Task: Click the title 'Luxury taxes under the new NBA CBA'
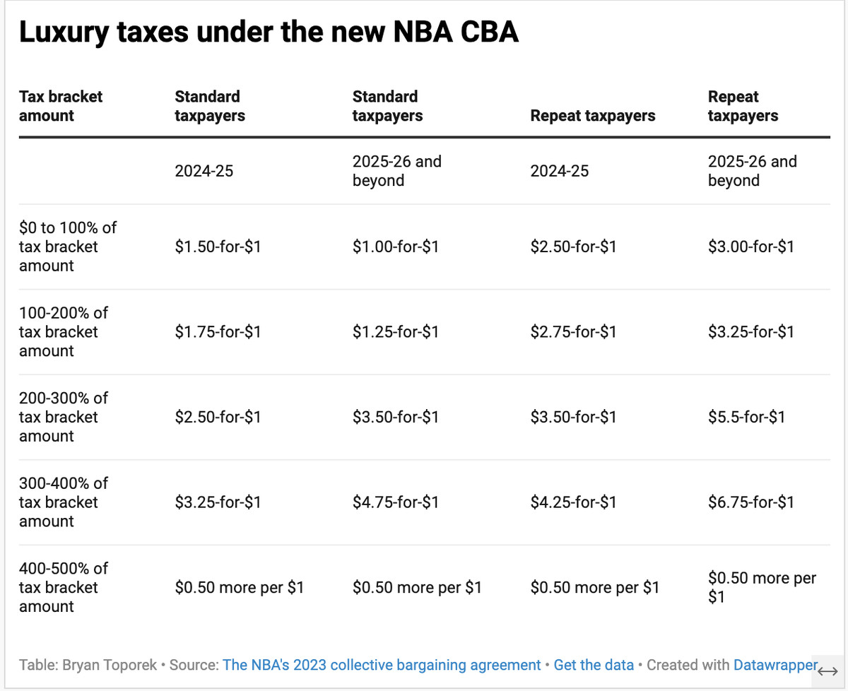pyautogui.click(x=269, y=33)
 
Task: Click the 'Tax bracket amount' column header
pyautogui.click(x=61, y=106)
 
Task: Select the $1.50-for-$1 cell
pyautogui.click(x=218, y=247)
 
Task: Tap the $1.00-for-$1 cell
pyautogui.click(x=395, y=247)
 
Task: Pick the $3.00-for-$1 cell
pyautogui.click(x=750, y=247)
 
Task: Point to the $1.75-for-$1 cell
pyautogui.click(x=218, y=332)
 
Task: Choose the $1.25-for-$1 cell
pyautogui.click(x=395, y=332)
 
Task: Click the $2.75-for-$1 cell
pyautogui.click(x=573, y=332)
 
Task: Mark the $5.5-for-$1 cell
pyautogui.click(x=746, y=418)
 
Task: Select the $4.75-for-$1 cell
pyautogui.click(x=395, y=502)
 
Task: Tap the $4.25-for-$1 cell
pyautogui.click(x=573, y=502)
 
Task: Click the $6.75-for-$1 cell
pyautogui.click(x=750, y=502)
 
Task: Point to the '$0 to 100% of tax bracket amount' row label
pyautogui.click(x=67, y=247)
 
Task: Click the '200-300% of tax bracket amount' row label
pyautogui.click(x=64, y=418)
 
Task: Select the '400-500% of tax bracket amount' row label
pyautogui.click(x=64, y=588)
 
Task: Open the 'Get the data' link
pyautogui.click(x=594, y=665)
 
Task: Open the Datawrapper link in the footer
pyautogui.click(x=775, y=665)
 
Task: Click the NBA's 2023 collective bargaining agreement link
pyautogui.click(x=382, y=665)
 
